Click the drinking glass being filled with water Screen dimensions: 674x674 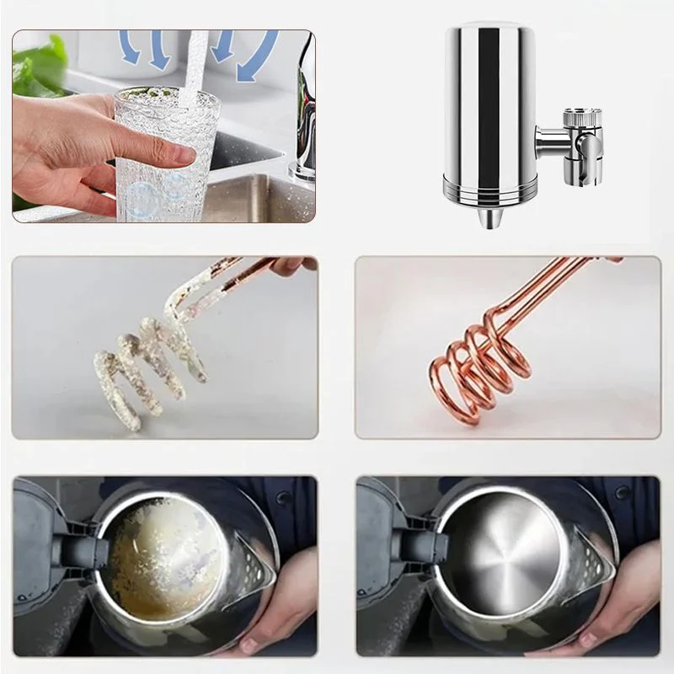160,160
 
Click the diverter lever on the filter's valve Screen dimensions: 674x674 591,152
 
